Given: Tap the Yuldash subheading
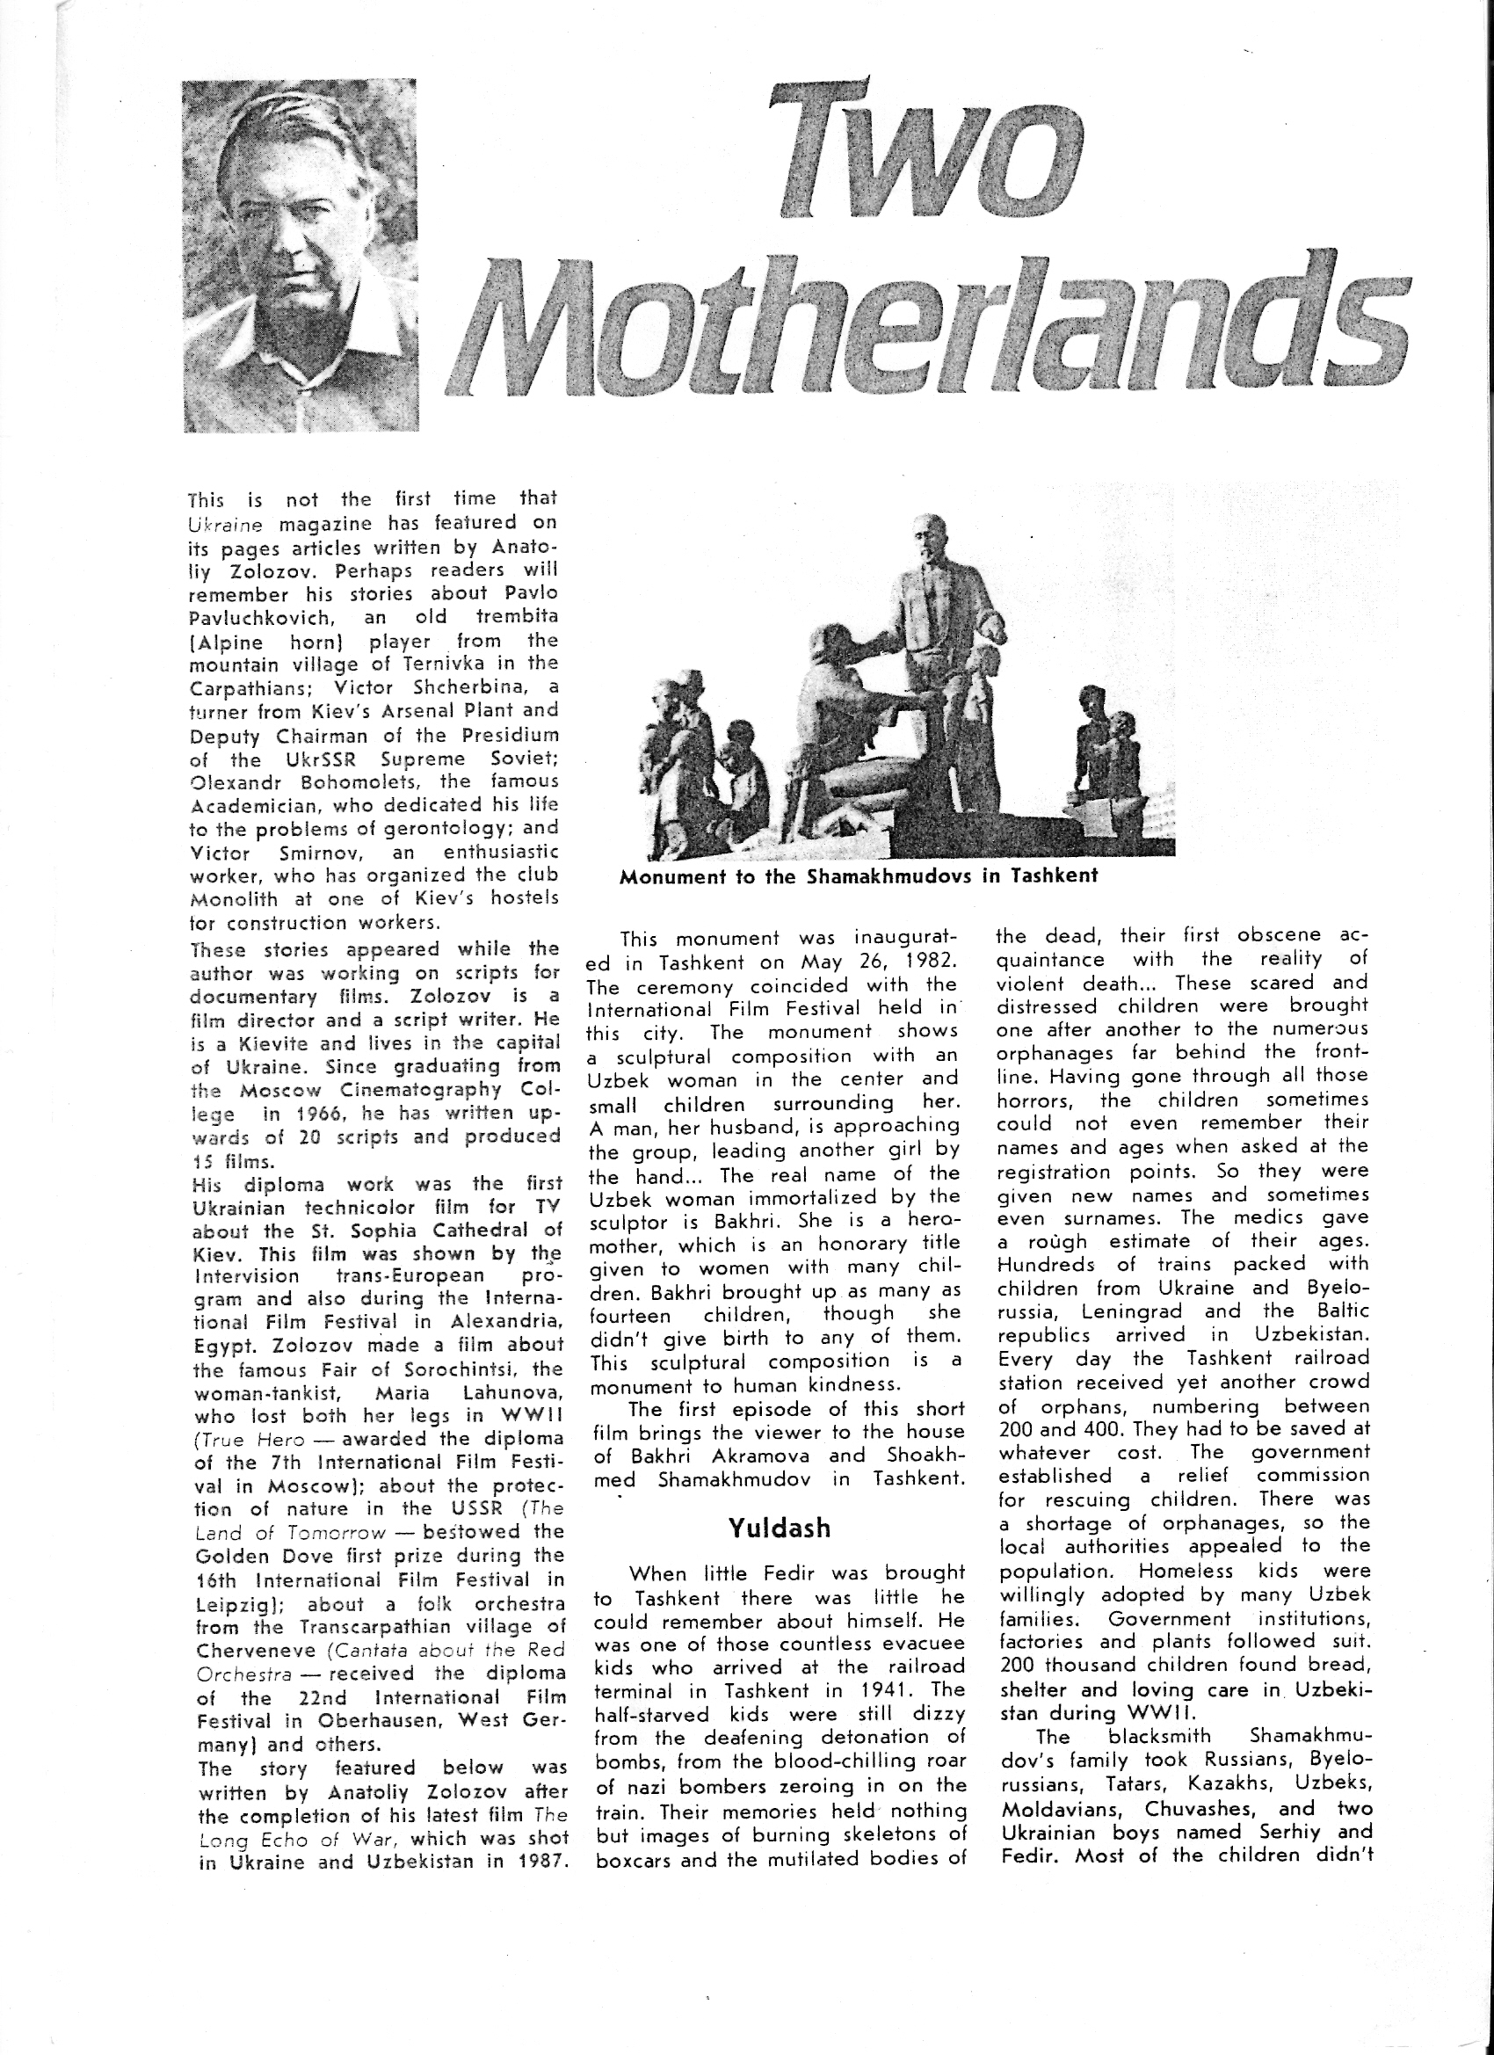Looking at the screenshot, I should [780, 1529].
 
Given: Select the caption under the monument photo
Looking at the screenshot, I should [859, 876].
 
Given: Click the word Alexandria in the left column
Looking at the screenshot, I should [511, 1322].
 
